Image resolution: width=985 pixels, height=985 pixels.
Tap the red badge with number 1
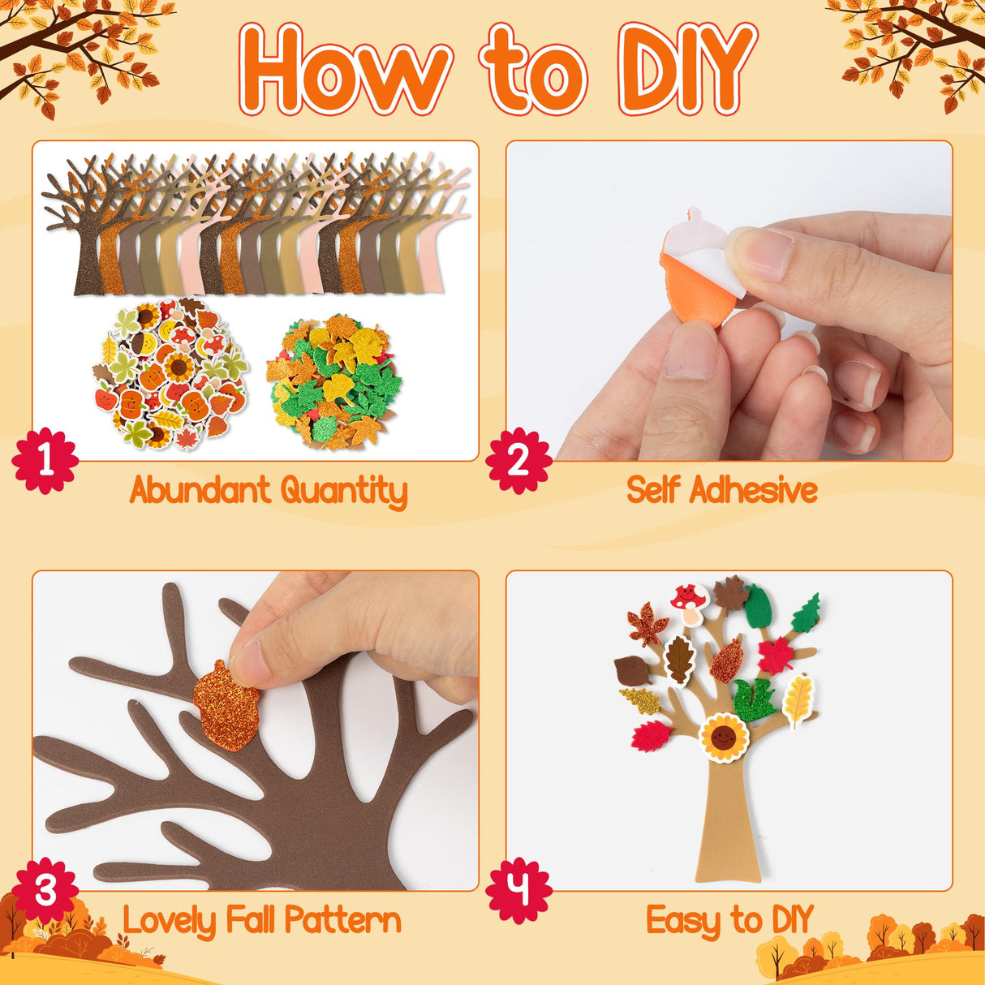(45, 460)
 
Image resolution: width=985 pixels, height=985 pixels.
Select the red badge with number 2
(518, 460)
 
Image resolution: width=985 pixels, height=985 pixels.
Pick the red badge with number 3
(45, 890)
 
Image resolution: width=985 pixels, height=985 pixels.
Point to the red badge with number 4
(518, 890)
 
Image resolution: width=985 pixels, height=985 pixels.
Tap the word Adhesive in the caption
(754, 490)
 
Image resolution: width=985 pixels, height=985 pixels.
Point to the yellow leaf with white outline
(798, 700)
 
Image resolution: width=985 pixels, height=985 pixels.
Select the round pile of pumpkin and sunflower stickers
(169, 375)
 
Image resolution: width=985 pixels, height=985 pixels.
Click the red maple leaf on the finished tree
(775, 655)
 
